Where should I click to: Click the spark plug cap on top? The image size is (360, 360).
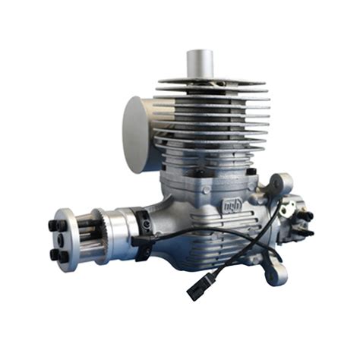tap(200, 63)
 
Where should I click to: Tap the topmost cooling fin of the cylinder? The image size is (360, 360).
tap(213, 81)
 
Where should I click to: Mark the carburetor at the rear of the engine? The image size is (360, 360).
tap(293, 216)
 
